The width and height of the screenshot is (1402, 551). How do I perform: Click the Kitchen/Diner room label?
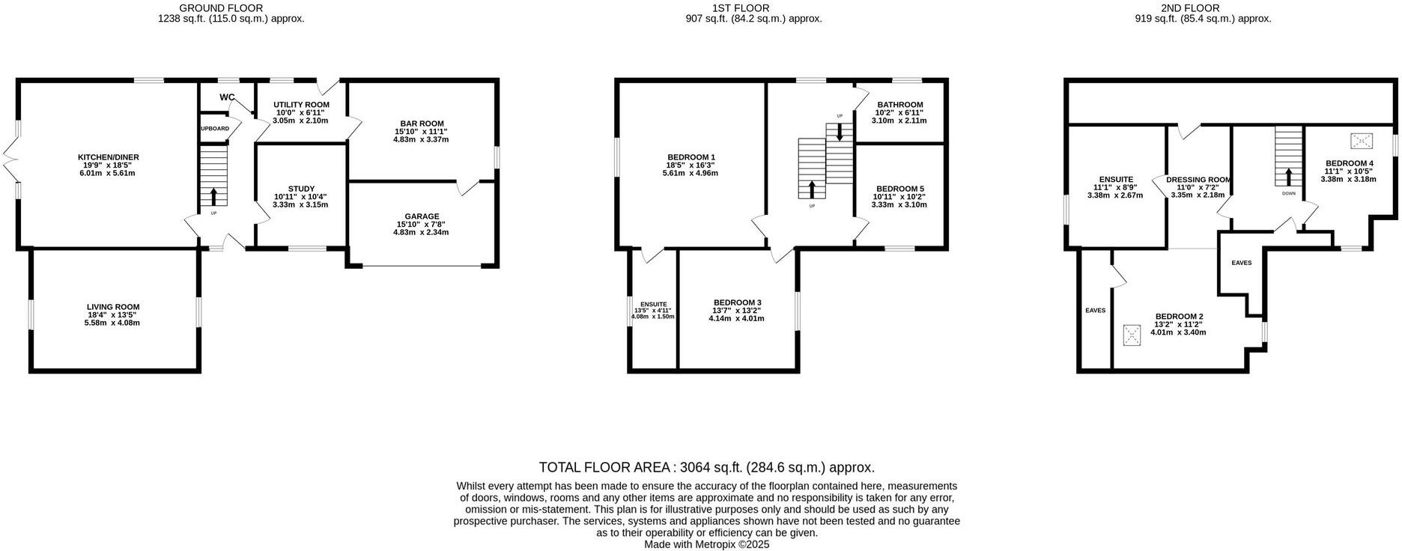pos(109,157)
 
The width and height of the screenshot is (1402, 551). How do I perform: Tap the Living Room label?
pos(113,307)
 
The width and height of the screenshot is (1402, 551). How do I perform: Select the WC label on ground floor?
pos(227,97)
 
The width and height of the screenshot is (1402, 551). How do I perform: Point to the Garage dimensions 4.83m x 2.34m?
pos(421,232)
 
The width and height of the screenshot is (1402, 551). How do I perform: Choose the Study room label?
pos(301,189)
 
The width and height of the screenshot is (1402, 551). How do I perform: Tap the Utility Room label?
pos(301,105)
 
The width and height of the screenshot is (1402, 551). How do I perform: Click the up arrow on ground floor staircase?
pos(214,196)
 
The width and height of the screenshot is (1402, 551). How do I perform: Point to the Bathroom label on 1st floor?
pos(899,105)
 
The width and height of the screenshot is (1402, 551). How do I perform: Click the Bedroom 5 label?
pos(899,189)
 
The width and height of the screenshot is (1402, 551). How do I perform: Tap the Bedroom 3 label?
pos(737,302)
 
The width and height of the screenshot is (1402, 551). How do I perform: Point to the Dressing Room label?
pos(1198,180)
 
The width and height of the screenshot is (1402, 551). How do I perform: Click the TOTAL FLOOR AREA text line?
pos(706,468)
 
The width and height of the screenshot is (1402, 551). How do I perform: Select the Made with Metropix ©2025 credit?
pos(706,545)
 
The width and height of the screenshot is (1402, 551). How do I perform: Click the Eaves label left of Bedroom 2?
pos(1095,310)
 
